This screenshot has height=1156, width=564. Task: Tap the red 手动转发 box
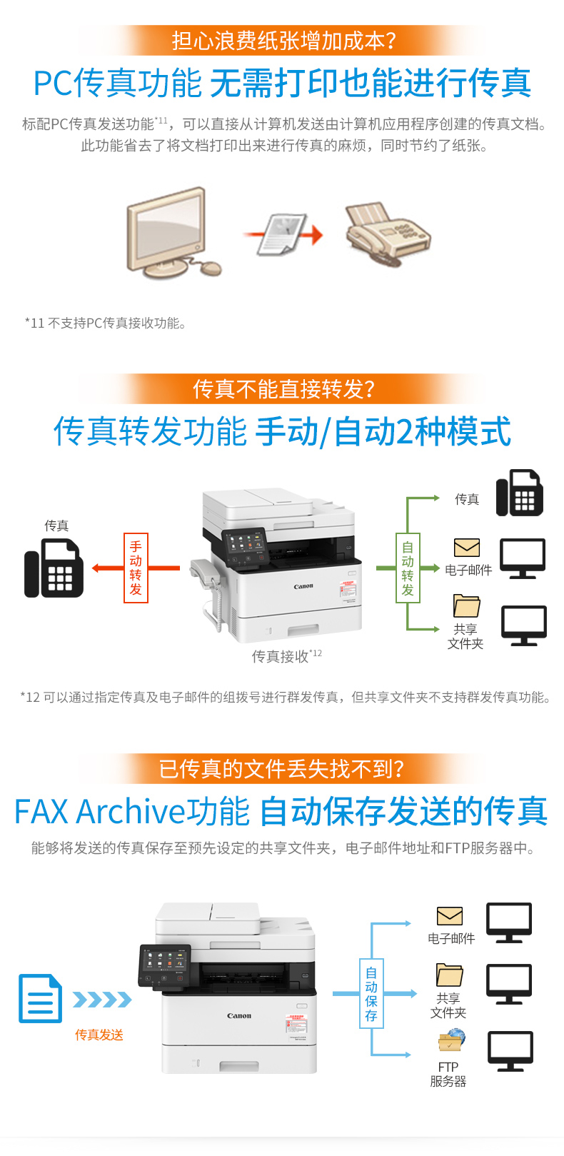136,568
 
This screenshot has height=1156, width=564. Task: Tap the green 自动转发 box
408,568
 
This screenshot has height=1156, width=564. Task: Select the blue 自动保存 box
371,993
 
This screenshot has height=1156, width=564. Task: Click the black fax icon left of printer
54,568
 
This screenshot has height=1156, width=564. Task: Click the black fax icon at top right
520,493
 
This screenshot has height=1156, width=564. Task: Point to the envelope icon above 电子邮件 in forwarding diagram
466,548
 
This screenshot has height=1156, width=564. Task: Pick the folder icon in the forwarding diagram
466,605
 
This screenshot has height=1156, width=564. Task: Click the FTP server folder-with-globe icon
451,1040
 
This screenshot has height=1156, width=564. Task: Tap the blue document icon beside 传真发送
40,998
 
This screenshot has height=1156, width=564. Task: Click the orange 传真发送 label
99,1034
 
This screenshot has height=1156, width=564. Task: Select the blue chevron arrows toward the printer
102,1000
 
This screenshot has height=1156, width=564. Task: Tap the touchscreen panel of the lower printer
165,965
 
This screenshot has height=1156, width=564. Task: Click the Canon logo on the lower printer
239,1015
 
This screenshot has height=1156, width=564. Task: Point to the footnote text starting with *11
105,323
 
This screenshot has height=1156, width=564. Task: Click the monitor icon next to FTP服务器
510,1051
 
